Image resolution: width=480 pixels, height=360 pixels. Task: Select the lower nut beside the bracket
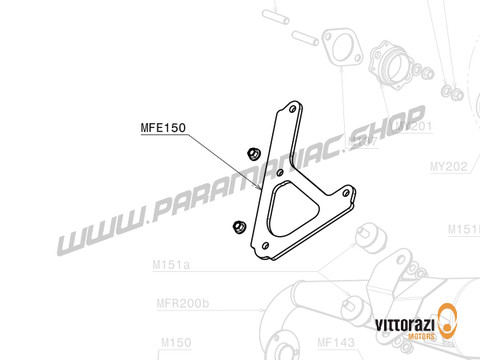pos(239,226)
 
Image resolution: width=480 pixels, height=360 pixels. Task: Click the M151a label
pos(173,267)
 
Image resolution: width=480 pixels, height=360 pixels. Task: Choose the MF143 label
pos(336,342)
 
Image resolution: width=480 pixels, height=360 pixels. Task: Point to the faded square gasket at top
pos(340,46)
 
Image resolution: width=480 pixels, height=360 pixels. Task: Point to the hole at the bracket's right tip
pos(350,196)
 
